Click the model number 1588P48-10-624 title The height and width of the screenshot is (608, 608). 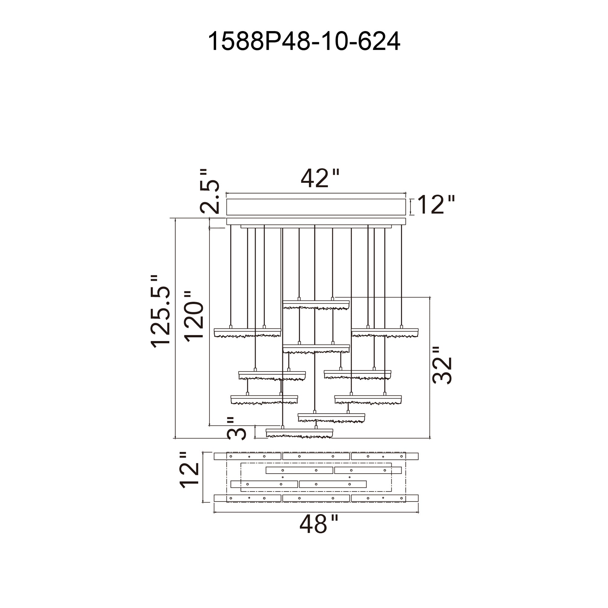[304, 41]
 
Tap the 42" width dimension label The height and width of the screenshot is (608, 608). [320, 178]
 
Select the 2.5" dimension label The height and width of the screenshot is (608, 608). [209, 191]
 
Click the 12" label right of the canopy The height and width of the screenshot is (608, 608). [436, 205]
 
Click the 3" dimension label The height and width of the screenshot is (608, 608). [236, 429]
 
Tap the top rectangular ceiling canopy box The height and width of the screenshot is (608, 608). [316, 207]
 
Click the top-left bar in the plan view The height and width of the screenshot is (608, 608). [247, 456]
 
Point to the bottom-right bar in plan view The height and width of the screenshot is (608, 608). [385, 498]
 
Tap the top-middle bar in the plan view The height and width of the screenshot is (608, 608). [316, 456]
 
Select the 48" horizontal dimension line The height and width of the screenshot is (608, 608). [316, 512]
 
